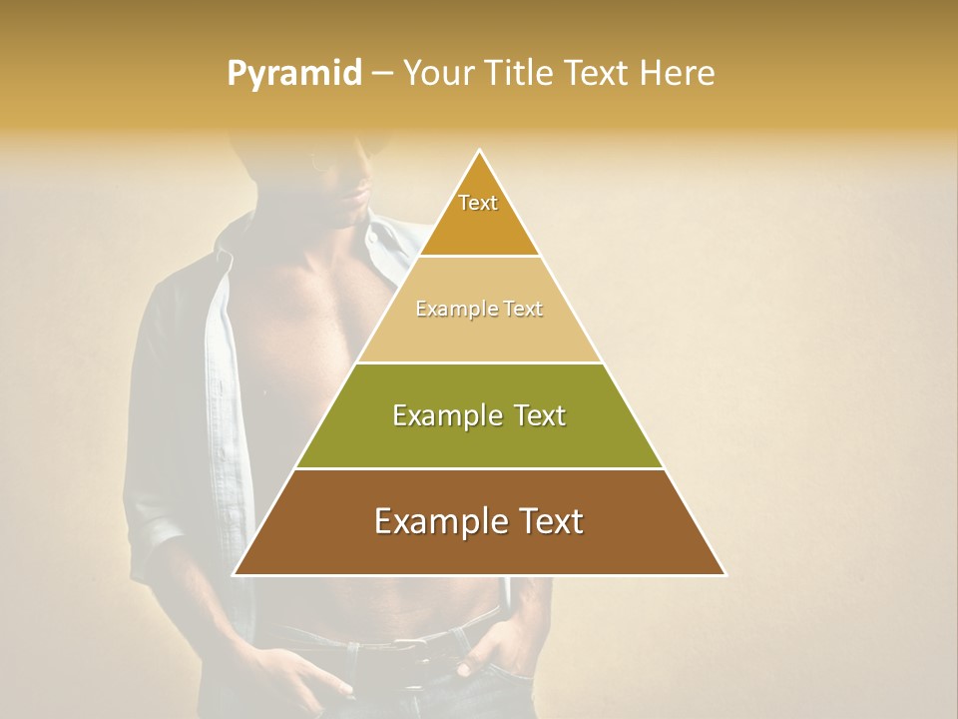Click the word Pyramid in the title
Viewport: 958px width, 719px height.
(294, 74)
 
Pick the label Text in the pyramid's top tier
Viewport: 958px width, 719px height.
(478, 203)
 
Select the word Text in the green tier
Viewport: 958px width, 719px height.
(533, 415)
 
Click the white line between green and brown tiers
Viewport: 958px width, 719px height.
(479, 468)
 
